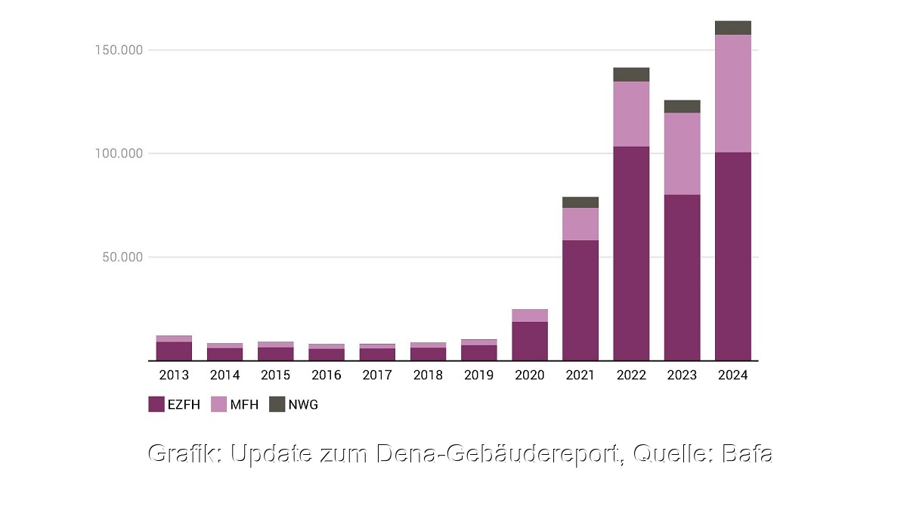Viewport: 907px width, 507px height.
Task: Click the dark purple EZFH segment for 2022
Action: pyautogui.click(x=631, y=253)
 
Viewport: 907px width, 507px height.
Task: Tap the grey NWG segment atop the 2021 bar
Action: pyautogui.click(x=580, y=202)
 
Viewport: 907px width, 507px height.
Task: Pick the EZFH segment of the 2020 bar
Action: pyautogui.click(x=529, y=341)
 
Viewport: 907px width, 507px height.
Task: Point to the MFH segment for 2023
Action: pyautogui.click(x=682, y=153)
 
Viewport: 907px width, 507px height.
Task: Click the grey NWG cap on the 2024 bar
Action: pyautogui.click(x=732, y=28)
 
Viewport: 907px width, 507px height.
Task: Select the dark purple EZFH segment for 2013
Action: pyautogui.click(x=174, y=351)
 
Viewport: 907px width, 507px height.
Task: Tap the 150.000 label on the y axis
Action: pyautogui.click(x=114, y=50)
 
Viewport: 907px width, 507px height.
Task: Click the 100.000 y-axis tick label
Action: pyautogui.click(x=114, y=153)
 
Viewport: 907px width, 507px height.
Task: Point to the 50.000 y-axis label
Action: pyautogui.click(x=117, y=257)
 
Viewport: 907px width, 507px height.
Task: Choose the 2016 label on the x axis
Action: pyautogui.click(x=327, y=375)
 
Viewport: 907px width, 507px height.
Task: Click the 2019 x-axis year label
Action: pyautogui.click(x=478, y=375)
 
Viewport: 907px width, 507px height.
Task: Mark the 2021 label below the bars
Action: pyautogui.click(x=580, y=375)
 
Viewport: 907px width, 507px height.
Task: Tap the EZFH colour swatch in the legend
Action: pyautogui.click(x=156, y=404)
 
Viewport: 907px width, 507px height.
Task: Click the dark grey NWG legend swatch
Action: pyautogui.click(x=277, y=404)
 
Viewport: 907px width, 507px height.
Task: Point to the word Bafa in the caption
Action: pyautogui.click(x=747, y=453)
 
